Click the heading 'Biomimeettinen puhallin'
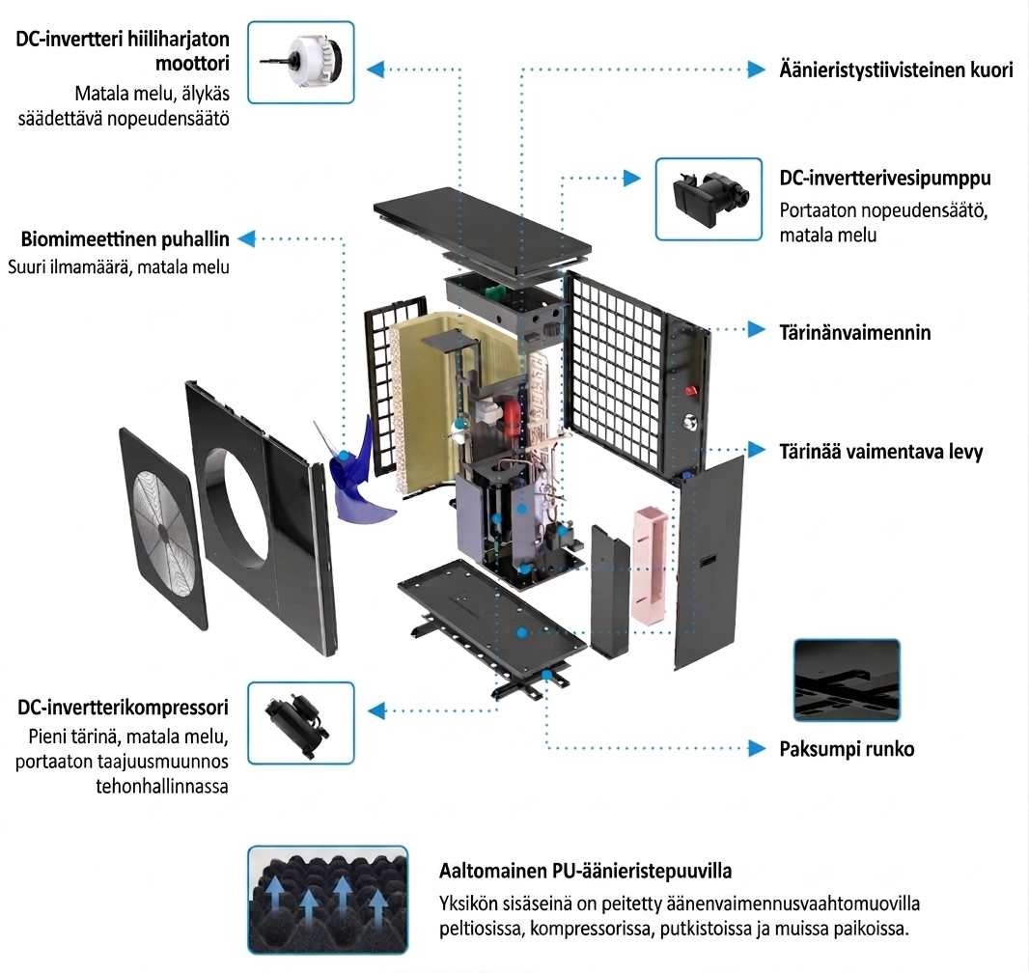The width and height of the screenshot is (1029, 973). [x=125, y=239]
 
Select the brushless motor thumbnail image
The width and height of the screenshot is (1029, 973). [x=301, y=63]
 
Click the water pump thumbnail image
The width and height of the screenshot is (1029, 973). [x=709, y=200]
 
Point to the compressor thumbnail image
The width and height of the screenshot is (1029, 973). [x=301, y=723]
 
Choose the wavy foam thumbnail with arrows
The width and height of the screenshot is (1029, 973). [x=328, y=900]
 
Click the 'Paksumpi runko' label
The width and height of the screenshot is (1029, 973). [x=847, y=749]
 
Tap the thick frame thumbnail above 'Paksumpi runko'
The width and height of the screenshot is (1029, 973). [x=847, y=680]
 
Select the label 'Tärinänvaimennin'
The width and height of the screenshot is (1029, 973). [x=855, y=333]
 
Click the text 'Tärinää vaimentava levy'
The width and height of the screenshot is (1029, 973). [x=881, y=452]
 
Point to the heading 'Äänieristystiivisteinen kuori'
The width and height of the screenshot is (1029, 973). [x=897, y=69]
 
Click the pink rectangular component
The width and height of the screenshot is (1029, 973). [x=650, y=565]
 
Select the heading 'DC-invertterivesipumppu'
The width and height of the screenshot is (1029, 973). [x=885, y=179]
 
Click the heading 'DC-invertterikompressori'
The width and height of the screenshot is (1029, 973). [x=124, y=708]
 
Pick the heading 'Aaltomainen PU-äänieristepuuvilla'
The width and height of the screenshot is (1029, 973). [x=585, y=872]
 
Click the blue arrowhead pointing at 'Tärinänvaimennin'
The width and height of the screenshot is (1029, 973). [x=757, y=330]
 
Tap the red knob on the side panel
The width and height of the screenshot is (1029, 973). [x=691, y=391]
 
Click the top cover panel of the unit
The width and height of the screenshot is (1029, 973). [x=483, y=231]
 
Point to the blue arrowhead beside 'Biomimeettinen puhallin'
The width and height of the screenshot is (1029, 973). [x=246, y=238]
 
